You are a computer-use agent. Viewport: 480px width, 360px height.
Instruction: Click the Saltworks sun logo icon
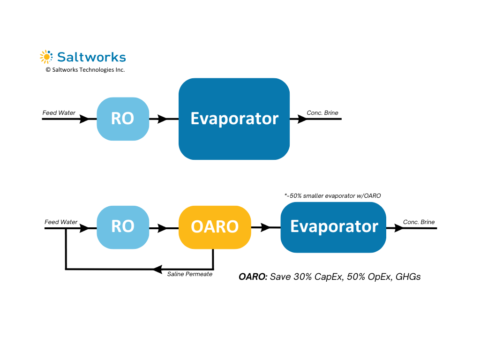click(46, 57)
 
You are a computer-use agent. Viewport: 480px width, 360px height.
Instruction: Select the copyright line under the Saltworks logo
click(85, 69)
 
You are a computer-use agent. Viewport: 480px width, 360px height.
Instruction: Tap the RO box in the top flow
click(123, 119)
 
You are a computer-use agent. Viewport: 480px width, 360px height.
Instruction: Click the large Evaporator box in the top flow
click(234, 119)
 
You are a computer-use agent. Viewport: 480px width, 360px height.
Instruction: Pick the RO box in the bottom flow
click(123, 227)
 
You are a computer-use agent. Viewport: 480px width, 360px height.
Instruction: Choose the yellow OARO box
click(215, 227)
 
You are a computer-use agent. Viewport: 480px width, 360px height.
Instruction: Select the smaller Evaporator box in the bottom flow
click(333, 227)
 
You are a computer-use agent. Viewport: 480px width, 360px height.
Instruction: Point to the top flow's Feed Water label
click(59, 113)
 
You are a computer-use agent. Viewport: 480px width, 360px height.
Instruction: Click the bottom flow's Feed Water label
click(61, 222)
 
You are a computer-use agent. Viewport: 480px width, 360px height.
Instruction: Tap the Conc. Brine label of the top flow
click(322, 113)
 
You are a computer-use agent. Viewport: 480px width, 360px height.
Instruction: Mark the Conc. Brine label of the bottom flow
click(419, 222)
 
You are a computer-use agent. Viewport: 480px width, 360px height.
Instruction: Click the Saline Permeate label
click(190, 274)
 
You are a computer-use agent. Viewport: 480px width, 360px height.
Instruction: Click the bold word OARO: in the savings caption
click(253, 277)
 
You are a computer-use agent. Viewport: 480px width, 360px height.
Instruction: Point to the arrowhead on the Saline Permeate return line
click(157, 269)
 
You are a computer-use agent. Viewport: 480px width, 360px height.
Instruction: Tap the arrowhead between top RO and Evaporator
click(163, 119)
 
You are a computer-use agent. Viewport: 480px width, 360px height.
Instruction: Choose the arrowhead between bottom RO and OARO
click(163, 228)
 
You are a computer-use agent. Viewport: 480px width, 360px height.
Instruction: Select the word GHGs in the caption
click(408, 277)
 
